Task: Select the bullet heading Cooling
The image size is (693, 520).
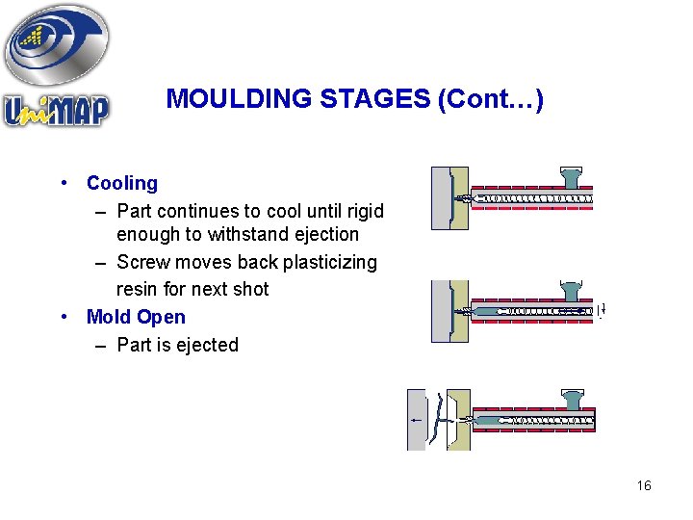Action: (x=121, y=183)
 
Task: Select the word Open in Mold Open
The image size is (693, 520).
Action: (x=161, y=317)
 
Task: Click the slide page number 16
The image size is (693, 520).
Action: (x=644, y=485)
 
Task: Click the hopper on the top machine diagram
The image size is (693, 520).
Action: (x=571, y=178)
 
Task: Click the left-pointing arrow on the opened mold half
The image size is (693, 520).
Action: (x=415, y=420)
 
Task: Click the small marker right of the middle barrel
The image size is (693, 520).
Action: (x=601, y=312)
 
